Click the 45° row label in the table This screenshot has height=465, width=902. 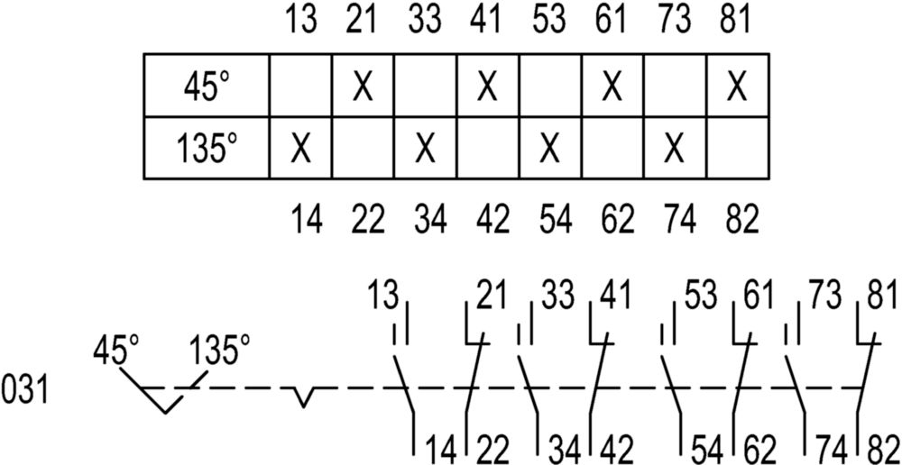[x=207, y=87]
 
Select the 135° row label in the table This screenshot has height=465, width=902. [x=206, y=150]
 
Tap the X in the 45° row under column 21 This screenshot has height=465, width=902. [x=363, y=87]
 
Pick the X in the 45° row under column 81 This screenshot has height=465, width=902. [x=737, y=87]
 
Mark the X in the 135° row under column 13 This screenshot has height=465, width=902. [x=300, y=150]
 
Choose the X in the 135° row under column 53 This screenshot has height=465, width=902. [x=550, y=150]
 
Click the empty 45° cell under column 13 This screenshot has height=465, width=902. [x=300, y=86]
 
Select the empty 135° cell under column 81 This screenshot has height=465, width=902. [x=738, y=149]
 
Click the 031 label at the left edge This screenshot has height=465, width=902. [x=24, y=396]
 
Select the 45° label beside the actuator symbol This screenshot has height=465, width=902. [x=115, y=351]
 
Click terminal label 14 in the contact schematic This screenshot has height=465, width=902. [x=441, y=450]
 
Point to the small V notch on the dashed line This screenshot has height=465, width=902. [x=304, y=397]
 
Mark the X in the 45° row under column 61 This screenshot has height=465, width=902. [x=612, y=87]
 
